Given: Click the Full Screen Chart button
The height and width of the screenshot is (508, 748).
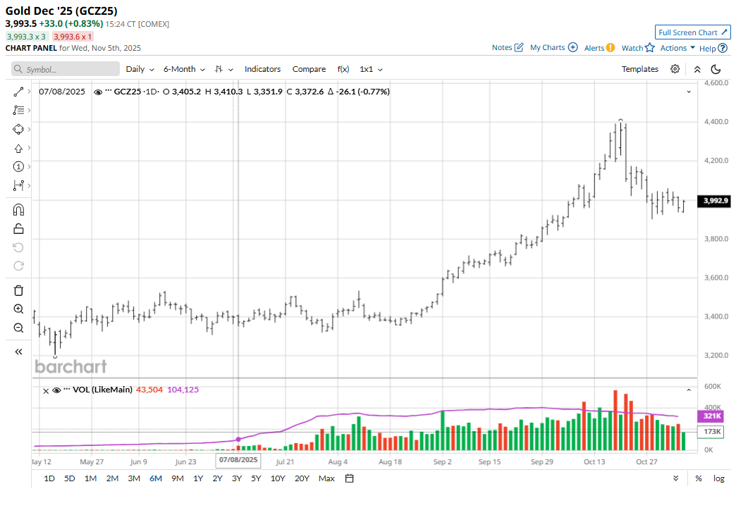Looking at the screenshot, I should pyautogui.click(x=693, y=32).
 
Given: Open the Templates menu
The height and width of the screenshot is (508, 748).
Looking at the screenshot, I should pyautogui.click(x=639, y=69).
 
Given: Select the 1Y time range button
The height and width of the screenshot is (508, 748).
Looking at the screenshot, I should pyautogui.click(x=198, y=478).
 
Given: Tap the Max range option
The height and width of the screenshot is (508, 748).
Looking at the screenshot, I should pyautogui.click(x=326, y=478).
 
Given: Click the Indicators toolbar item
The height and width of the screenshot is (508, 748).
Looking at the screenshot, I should pyautogui.click(x=262, y=69).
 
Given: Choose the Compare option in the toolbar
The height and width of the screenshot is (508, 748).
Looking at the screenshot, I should pyautogui.click(x=309, y=69).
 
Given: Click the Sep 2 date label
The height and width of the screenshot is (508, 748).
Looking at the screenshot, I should pyautogui.click(x=443, y=462).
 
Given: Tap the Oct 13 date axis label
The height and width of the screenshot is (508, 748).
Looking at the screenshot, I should pyautogui.click(x=594, y=462).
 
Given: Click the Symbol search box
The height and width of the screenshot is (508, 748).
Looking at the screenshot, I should pyautogui.click(x=66, y=69).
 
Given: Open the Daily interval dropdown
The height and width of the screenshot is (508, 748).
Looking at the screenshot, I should pyautogui.click(x=140, y=69).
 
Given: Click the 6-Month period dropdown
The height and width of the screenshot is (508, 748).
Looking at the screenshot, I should pyautogui.click(x=184, y=69).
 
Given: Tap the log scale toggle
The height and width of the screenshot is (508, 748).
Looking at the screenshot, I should pyautogui.click(x=718, y=478).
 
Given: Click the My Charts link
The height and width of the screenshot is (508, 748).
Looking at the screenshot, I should pyautogui.click(x=553, y=48).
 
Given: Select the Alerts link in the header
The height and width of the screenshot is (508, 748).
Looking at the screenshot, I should pyautogui.click(x=599, y=48).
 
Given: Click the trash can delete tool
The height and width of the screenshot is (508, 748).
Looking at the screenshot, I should pyautogui.click(x=18, y=290).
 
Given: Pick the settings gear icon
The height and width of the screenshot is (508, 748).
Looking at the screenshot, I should pyautogui.click(x=675, y=69).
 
